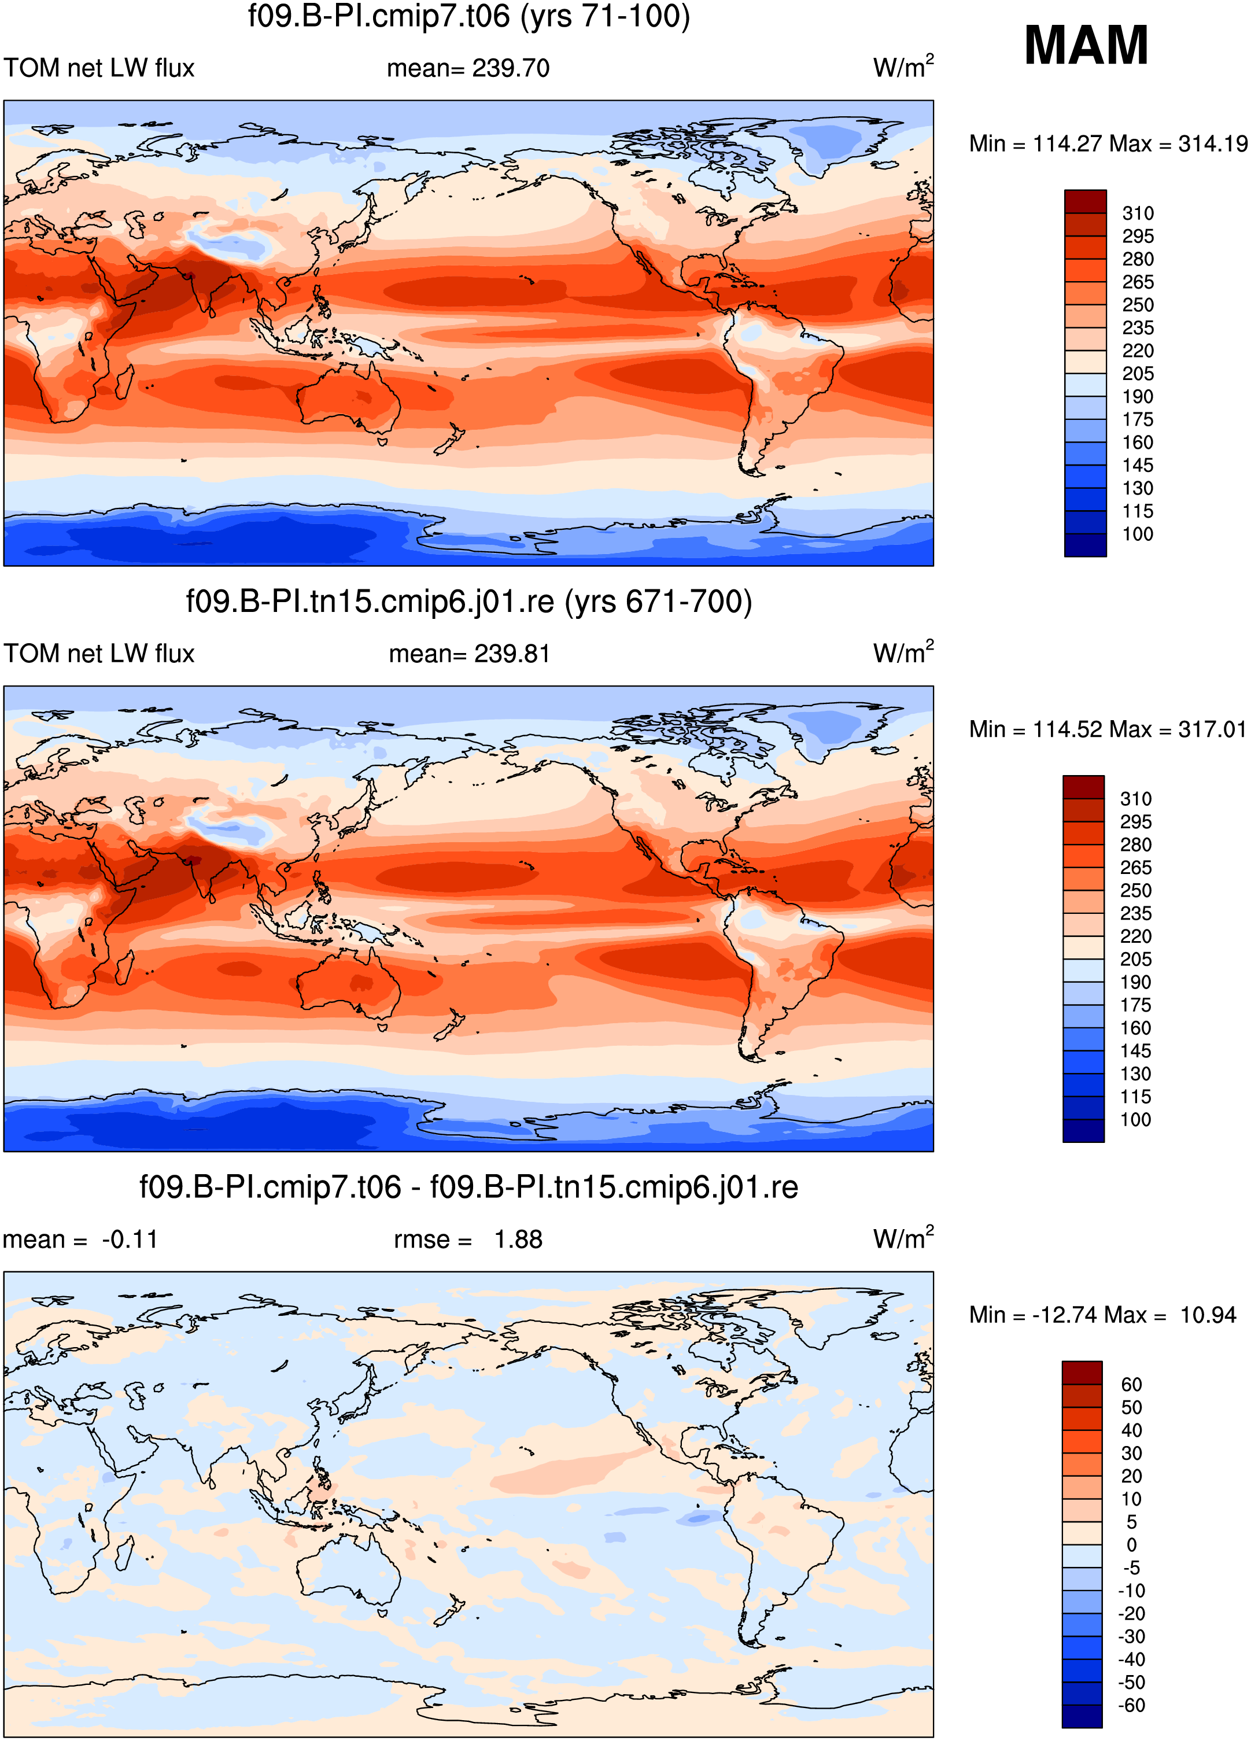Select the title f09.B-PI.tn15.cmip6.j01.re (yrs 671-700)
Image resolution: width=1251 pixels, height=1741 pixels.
(x=469, y=602)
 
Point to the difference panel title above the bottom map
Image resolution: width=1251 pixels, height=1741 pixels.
(x=469, y=1187)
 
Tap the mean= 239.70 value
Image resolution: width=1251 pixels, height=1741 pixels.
(x=468, y=68)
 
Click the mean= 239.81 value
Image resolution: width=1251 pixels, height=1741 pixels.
(x=469, y=654)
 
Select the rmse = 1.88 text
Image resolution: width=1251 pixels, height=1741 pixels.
(x=468, y=1240)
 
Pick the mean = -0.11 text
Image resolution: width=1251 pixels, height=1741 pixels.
(x=80, y=1240)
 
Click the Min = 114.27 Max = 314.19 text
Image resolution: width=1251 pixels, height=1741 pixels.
(x=1108, y=143)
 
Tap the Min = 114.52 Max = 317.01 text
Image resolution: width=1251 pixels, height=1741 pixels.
(x=1108, y=729)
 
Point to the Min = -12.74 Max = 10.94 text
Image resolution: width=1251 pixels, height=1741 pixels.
(x=1103, y=1315)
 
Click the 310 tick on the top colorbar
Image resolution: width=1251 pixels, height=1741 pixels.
(x=1138, y=213)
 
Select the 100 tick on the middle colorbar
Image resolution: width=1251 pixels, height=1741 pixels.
(x=1136, y=1120)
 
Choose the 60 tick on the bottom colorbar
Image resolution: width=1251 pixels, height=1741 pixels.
(x=1131, y=1385)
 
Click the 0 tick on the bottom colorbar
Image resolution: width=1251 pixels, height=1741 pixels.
(x=1131, y=1545)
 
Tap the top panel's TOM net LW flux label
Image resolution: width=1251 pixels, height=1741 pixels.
(x=99, y=68)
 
